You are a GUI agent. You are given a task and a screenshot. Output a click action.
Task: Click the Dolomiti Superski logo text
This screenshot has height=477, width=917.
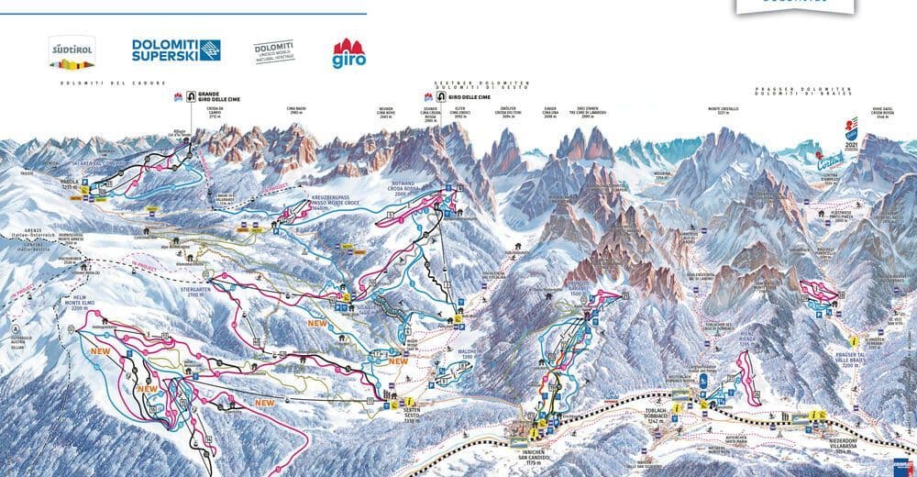click(175, 50)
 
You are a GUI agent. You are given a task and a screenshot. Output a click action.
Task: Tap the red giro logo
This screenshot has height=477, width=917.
click(348, 53)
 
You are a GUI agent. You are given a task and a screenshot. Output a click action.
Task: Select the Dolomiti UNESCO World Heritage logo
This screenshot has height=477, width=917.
click(273, 51)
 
